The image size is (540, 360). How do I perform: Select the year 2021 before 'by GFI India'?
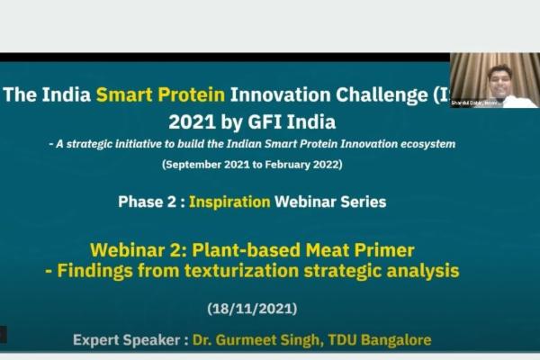pos(191,121)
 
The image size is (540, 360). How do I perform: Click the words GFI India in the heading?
pos(296,121)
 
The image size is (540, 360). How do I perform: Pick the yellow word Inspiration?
pos(229,202)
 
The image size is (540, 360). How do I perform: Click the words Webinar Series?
pos(330,202)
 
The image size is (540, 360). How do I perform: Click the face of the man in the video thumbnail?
pos(497,80)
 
